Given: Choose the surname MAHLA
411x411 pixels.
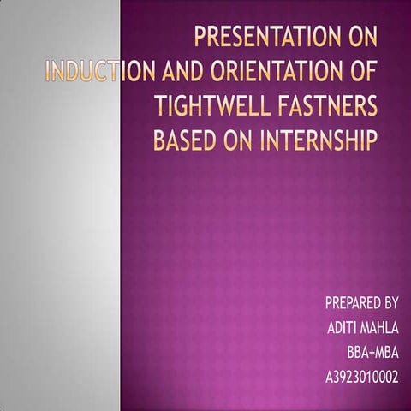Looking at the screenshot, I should (382, 328).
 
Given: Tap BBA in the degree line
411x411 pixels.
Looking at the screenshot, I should (357, 353).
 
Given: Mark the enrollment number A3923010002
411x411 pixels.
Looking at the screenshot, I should (362, 377).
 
